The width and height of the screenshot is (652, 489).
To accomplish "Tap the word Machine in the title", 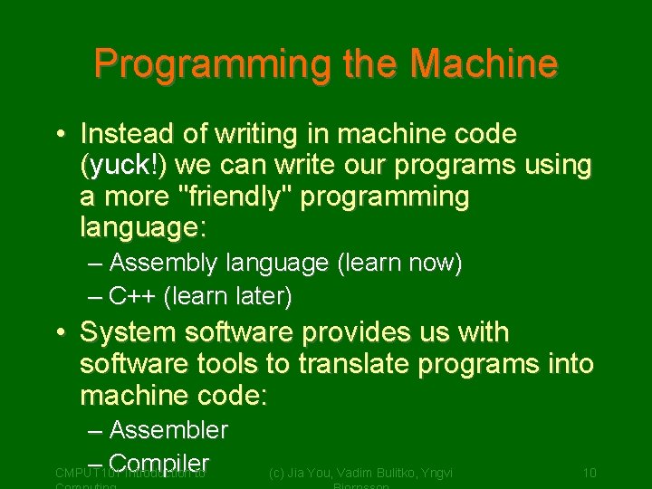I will [x=484, y=64].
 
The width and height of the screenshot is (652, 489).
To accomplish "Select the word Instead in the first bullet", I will [x=126, y=134].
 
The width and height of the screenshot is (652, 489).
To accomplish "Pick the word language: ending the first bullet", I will [x=143, y=228].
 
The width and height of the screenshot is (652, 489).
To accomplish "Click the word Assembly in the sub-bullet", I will [x=163, y=264].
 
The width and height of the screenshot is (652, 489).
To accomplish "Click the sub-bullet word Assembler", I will [x=168, y=430].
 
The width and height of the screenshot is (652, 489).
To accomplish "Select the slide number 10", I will [x=589, y=473].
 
